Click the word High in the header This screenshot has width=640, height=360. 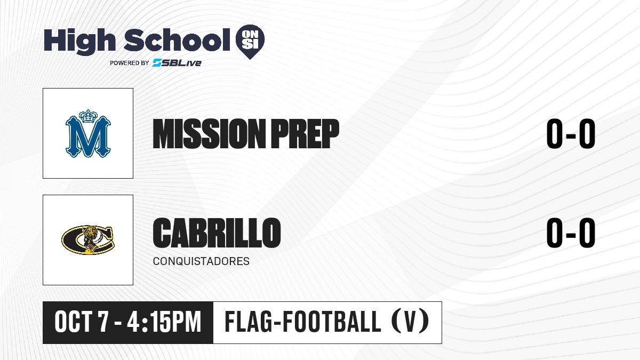80,42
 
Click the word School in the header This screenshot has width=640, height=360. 177,40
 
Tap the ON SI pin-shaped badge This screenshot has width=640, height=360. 250,42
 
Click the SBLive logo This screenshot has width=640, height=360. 177,63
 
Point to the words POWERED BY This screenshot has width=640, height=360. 130,63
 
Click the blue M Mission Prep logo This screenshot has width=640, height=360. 88,133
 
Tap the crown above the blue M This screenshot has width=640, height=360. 89,116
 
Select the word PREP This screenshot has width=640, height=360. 305,134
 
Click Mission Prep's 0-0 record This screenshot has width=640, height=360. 571,134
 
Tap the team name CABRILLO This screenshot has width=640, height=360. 217,233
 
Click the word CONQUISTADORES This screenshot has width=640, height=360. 201,261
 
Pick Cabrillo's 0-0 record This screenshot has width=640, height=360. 571,233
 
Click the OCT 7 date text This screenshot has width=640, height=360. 82,322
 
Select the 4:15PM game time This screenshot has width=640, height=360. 164,322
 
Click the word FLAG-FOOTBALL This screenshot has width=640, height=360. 303,322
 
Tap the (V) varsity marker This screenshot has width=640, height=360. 410,322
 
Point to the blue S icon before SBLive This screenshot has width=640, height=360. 157,63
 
